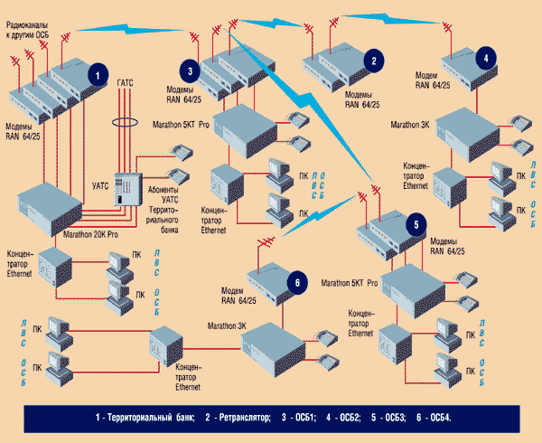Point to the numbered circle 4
(488, 57)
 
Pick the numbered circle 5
(416, 223)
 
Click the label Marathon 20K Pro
(96, 232)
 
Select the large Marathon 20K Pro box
(57, 208)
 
